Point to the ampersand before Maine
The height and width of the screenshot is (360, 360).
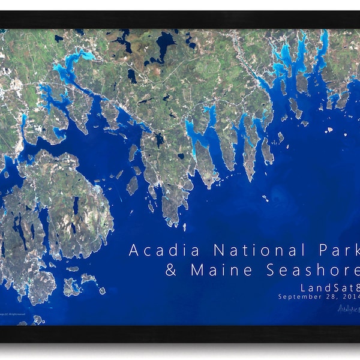[171, 270]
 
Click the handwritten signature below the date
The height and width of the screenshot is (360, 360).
[348, 308]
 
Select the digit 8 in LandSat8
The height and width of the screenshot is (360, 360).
[355, 287]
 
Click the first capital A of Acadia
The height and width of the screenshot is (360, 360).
[134, 250]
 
